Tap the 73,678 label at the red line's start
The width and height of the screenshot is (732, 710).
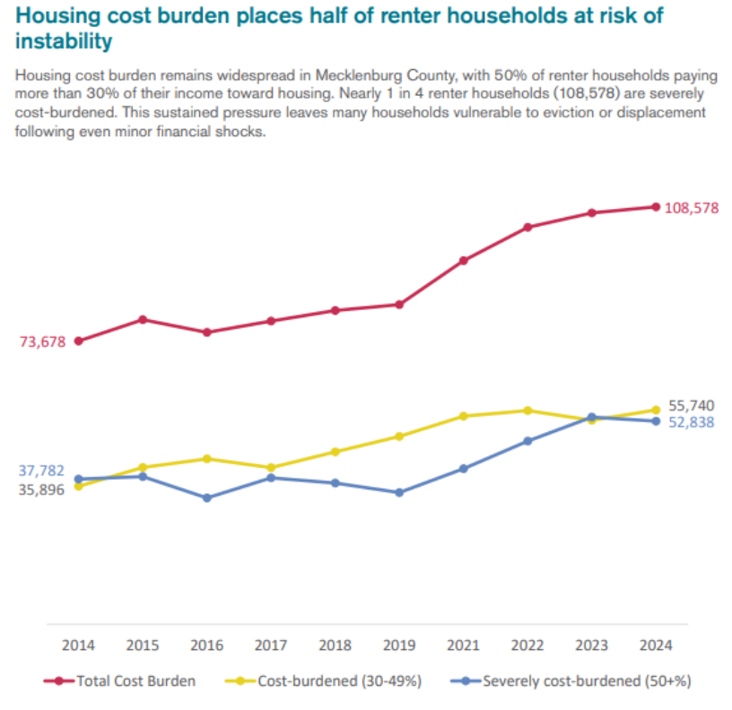click(41, 342)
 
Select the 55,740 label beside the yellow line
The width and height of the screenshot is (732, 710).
click(692, 405)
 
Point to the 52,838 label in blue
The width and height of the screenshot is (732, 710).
click(692, 422)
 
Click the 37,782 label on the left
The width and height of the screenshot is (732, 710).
click(41, 472)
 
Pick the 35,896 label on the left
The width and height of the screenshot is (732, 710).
click(41, 490)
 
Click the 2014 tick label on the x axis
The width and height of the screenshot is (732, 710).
click(79, 645)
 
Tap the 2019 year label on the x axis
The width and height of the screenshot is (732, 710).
click(399, 645)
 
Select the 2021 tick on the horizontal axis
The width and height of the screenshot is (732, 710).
click(463, 645)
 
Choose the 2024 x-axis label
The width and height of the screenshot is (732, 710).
click(656, 645)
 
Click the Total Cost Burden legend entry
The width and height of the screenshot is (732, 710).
click(120, 681)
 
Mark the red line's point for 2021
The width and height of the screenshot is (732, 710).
click(463, 261)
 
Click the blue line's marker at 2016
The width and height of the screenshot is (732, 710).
click(207, 498)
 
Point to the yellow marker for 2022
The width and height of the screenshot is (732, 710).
click(527, 411)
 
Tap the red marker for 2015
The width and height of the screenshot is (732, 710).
click(143, 319)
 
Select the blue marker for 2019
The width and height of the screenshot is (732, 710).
click(399, 492)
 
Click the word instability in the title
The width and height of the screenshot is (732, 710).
click(65, 41)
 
